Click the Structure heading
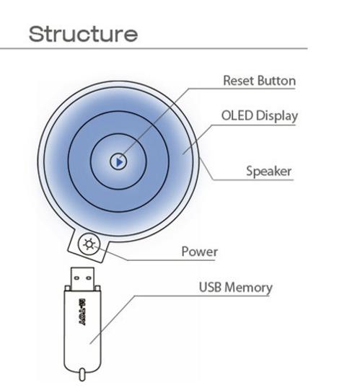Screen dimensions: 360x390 click(x=83, y=34)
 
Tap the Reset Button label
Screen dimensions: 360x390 click(x=259, y=81)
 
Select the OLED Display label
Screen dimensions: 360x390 click(x=260, y=116)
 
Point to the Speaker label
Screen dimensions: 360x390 click(x=268, y=171)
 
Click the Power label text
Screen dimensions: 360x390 click(x=199, y=252)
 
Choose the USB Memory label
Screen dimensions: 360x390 click(x=235, y=288)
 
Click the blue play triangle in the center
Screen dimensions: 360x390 click(x=120, y=162)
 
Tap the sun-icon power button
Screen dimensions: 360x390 click(x=89, y=244)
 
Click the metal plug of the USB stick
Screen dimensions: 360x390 click(x=82, y=278)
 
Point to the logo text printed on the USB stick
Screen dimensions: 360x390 click(x=82, y=312)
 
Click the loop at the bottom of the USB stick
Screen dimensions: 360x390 click(x=82, y=375)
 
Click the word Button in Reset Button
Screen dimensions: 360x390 click(x=276, y=81)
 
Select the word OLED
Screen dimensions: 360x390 click(x=237, y=115)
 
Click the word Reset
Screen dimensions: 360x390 click(x=239, y=81)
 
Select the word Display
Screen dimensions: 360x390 click(x=276, y=116)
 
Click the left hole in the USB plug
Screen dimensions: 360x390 click(x=76, y=278)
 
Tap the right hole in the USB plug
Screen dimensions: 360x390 click(x=89, y=278)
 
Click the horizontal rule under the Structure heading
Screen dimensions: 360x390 click(x=154, y=48)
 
